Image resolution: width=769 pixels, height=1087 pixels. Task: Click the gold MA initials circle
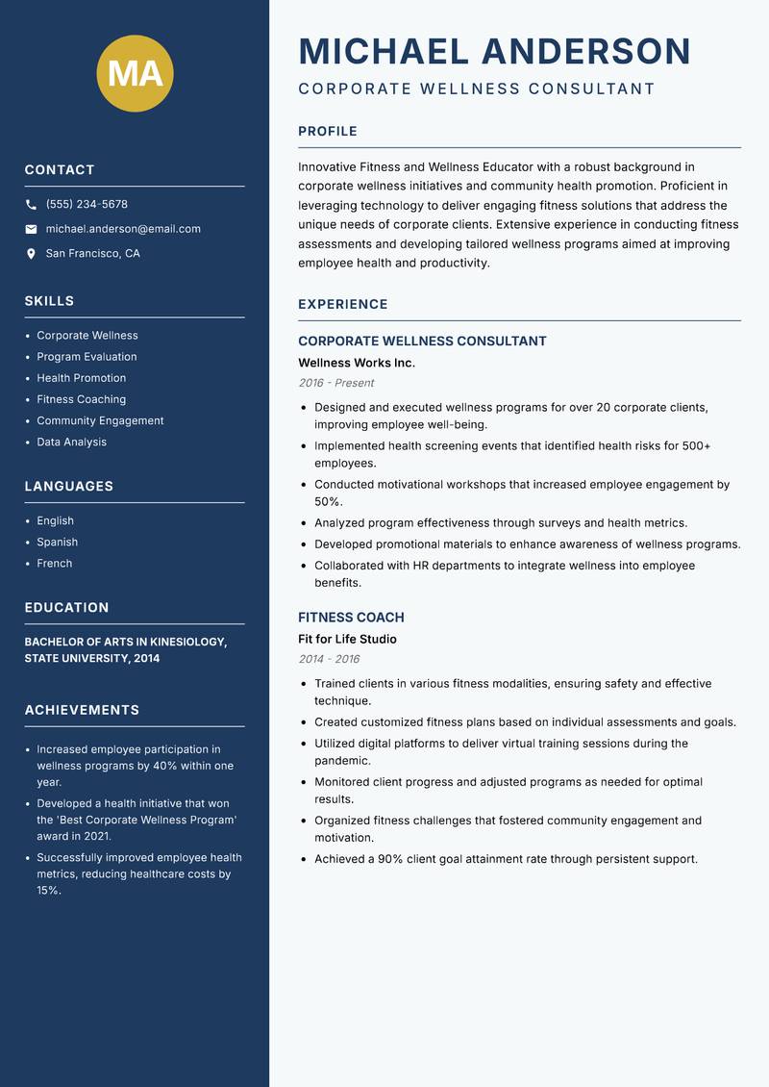tap(135, 74)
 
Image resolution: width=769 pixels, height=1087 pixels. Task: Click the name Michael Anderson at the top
tap(494, 52)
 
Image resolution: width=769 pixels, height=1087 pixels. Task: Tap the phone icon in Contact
tap(31, 205)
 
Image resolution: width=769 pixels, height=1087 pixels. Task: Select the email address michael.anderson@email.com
tap(123, 229)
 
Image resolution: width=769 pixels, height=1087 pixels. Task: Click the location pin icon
tap(31, 254)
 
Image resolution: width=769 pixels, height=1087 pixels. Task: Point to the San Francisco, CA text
tap(92, 254)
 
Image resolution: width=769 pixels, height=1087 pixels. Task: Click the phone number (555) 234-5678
tap(87, 205)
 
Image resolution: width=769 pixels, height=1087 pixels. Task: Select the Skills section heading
tap(49, 301)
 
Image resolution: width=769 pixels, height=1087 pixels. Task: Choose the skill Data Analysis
tap(71, 442)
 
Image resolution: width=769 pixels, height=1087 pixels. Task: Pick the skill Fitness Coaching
tap(81, 399)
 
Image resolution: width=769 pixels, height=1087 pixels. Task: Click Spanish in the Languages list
tap(57, 543)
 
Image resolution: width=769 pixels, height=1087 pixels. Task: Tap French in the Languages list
tap(54, 564)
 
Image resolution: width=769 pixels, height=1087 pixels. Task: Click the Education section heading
tap(66, 608)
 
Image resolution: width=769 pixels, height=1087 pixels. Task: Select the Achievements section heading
tap(82, 710)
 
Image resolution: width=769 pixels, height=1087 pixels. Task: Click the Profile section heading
tap(327, 132)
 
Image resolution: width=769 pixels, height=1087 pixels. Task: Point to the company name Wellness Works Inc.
tap(356, 364)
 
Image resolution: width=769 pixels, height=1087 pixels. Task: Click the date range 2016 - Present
tap(335, 383)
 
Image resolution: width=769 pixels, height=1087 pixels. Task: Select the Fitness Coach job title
tap(351, 618)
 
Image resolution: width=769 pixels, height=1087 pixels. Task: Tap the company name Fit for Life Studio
tap(347, 640)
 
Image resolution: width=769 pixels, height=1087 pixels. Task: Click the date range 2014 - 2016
tap(329, 659)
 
